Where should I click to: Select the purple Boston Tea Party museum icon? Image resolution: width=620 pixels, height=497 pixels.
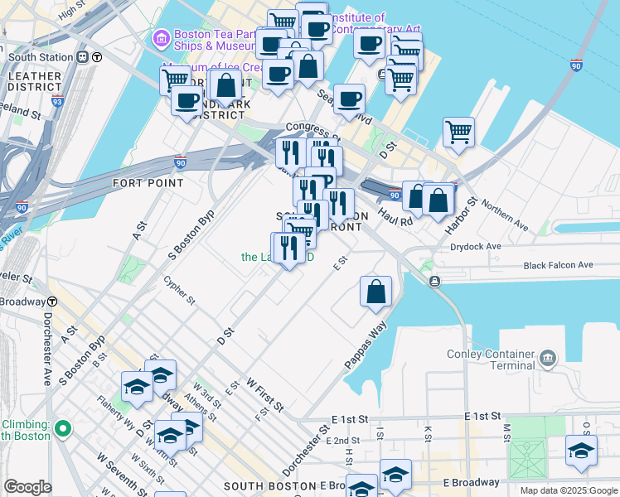[x=161, y=38]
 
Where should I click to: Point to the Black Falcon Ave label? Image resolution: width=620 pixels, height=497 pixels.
[x=558, y=265]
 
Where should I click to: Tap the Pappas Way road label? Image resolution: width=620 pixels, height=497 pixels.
[x=366, y=340]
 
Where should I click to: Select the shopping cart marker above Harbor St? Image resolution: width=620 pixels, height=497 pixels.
[x=458, y=131]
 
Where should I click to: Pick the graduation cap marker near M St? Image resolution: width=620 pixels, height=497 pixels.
[x=581, y=450]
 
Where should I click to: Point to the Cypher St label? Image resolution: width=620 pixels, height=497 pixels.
[x=180, y=289]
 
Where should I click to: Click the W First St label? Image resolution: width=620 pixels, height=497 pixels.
[x=264, y=394]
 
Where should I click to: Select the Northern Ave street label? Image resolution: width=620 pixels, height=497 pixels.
[x=505, y=214]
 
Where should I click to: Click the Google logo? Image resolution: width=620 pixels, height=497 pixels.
[x=27, y=487]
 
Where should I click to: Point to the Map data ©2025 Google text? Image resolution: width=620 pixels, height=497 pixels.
[x=569, y=490]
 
